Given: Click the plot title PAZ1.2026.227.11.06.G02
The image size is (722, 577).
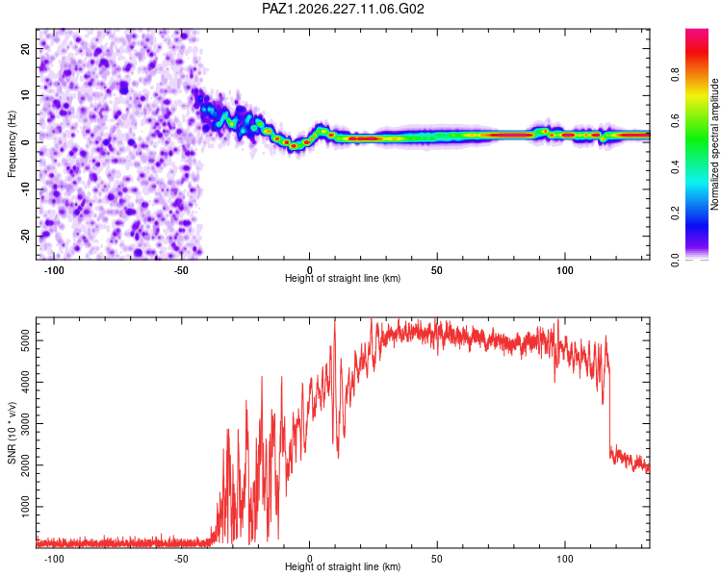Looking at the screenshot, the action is [343, 9].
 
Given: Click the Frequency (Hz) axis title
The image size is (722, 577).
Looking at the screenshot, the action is [12, 144].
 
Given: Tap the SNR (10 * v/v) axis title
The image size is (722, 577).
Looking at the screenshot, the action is [12, 433].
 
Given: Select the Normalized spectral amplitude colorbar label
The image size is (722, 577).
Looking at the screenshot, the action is [714, 144].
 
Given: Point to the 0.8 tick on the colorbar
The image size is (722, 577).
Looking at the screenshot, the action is [675, 74].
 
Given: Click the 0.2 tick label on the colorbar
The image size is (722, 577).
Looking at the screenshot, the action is [675, 213].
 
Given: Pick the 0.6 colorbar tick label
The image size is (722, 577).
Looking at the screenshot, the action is [675, 120].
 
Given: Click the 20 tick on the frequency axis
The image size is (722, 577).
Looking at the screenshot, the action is [26, 49].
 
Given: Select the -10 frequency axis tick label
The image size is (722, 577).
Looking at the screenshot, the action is [26, 189].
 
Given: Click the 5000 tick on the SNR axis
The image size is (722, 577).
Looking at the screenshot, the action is [26, 341].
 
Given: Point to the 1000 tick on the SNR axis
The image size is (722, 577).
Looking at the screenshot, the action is [26, 507].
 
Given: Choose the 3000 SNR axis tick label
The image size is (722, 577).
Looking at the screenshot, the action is [26, 424].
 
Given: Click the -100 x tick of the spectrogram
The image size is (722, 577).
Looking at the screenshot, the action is [54, 270].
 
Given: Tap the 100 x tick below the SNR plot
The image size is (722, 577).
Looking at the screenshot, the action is [564, 559].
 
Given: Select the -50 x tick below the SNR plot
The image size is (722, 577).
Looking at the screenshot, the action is [181, 559].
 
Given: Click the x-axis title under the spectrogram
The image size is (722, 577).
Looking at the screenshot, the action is [343, 278].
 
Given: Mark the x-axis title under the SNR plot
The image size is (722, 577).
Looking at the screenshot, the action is [343, 566].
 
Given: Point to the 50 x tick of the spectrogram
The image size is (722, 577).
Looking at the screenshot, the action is [437, 270].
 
